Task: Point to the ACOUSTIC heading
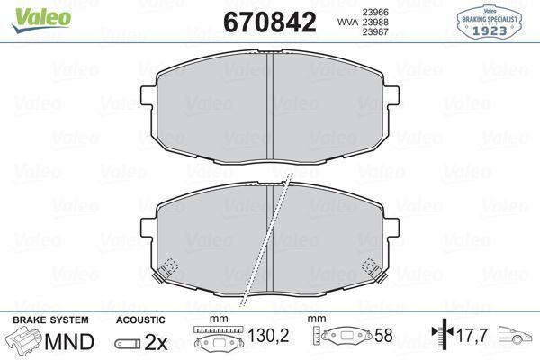[140, 320]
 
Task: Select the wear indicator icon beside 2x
[128, 343]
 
